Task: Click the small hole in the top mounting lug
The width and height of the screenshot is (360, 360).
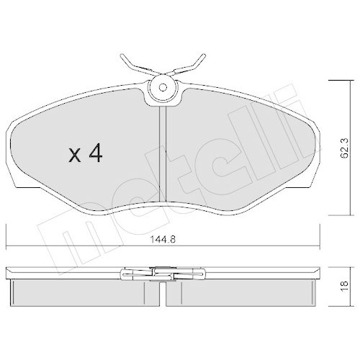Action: click(164, 89)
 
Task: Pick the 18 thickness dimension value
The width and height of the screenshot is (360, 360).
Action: click(344, 287)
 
